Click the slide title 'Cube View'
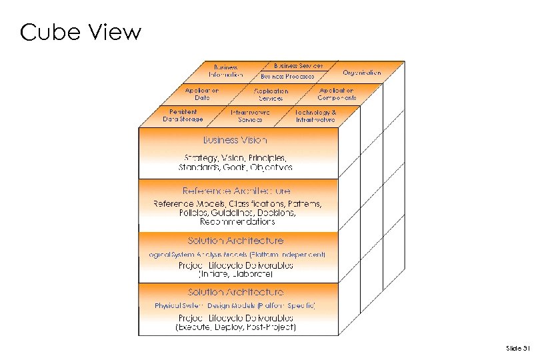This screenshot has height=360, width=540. (81, 32)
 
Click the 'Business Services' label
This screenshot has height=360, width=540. (298, 66)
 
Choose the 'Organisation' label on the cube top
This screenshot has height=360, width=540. (362, 72)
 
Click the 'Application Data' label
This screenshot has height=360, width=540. (201, 93)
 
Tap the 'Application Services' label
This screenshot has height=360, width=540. (271, 94)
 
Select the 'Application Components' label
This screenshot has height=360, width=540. (337, 93)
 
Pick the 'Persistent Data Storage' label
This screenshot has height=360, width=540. (183, 115)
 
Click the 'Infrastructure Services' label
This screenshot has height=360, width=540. (250, 116)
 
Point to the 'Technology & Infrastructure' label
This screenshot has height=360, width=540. (315, 116)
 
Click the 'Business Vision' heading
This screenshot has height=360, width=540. (235, 140)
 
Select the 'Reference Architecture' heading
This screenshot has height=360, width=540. (237, 191)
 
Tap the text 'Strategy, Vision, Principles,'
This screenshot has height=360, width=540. (235, 158)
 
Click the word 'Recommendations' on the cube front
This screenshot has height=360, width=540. (237, 221)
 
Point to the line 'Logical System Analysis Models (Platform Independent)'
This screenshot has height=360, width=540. (237, 255)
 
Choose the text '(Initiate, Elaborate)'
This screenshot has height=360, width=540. (236, 273)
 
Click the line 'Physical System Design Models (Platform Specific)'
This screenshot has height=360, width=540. (235, 305)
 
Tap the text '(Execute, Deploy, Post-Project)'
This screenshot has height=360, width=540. (235, 327)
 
